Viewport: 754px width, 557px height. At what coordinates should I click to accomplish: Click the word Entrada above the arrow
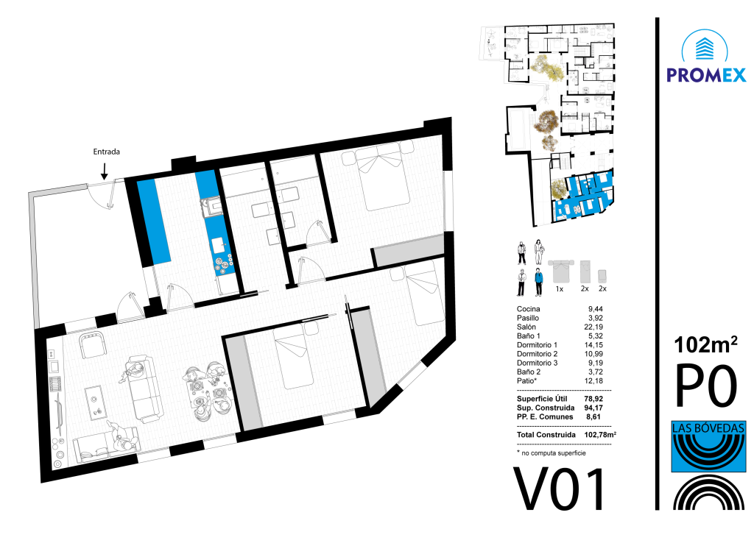click(x=106, y=152)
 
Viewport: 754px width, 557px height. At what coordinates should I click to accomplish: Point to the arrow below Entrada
click(x=105, y=171)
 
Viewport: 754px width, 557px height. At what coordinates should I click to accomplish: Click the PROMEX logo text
click(x=706, y=75)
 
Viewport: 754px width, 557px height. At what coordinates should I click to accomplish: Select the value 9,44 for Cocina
click(x=595, y=309)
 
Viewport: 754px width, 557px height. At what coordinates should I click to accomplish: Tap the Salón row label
click(x=526, y=327)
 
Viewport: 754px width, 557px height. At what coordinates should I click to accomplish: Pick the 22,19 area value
click(x=593, y=327)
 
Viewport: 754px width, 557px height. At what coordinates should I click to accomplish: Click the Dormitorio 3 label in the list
click(x=537, y=363)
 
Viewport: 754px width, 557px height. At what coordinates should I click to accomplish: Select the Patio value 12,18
click(x=593, y=380)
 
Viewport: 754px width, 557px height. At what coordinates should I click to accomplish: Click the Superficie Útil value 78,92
click(x=593, y=399)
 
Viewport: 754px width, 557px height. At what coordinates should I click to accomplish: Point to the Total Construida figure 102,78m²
click(x=600, y=434)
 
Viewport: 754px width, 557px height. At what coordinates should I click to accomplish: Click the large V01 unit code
click(x=560, y=489)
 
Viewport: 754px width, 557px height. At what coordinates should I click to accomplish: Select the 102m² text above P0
click(x=705, y=344)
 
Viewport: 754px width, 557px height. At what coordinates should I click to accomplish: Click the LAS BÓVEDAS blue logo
click(x=708, y=446)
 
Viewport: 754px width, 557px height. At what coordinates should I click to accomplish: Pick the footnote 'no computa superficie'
click(x=554, y=453)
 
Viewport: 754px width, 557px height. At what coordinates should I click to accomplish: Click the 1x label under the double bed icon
click(x=560, y=289)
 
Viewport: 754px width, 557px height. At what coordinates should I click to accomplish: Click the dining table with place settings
click(x=206, y=393)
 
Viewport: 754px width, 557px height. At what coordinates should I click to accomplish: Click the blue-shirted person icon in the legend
click(x=538, y=283)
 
